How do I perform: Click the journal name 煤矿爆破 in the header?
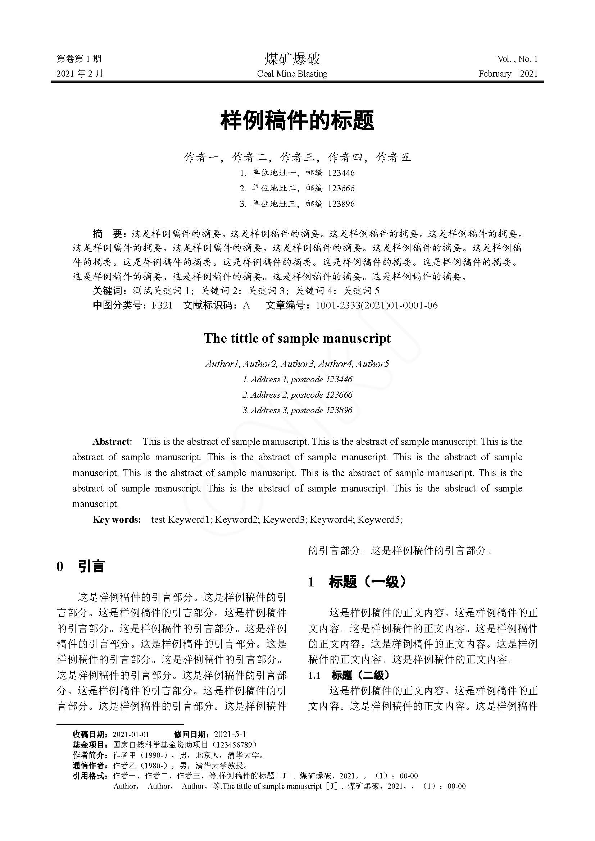pos(292,59)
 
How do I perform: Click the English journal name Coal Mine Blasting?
pos(292,74)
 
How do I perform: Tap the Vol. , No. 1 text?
pos(517,59)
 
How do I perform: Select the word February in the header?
pos(495,74)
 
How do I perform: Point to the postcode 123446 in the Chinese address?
pos(341,173)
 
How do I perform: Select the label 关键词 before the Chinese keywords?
pos(107,291)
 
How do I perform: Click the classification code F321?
pos(162,306)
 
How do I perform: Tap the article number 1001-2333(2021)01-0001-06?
pos(376,306)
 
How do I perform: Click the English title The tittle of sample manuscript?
pos(297,338)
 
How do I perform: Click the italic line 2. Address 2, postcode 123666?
pos(297,395)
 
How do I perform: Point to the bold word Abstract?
pos(112,442)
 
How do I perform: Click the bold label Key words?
pos(117,520)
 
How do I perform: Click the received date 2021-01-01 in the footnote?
pos(131,734)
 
